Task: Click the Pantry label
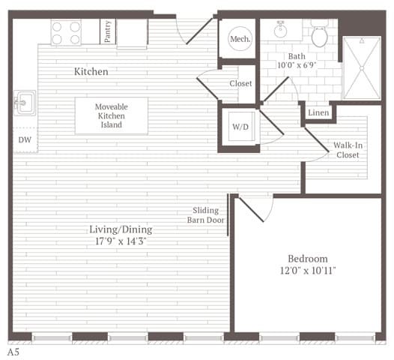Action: point(109,32)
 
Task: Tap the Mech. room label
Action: point(240,39)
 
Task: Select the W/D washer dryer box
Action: point(240,127)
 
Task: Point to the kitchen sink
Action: point(24,102)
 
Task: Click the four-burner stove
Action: point(66,32)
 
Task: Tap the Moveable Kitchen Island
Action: point(111,115)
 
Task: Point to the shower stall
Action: point(361,67)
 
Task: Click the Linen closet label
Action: point(318,112)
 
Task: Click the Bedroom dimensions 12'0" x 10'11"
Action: point(308,270)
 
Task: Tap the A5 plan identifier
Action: point(13,351)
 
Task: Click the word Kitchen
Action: point(91,72)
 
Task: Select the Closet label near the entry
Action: point(240,83)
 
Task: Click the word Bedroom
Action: point(308,258)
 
